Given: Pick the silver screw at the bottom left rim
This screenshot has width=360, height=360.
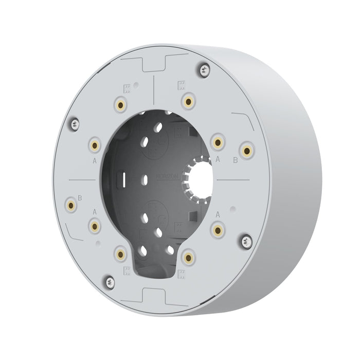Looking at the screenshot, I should (x=110, y=280).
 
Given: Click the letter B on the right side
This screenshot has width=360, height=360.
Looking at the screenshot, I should (x=236, y=160).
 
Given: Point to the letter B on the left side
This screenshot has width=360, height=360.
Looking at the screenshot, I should (x=80, y=197).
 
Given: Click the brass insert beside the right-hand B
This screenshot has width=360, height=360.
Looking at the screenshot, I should (x=248, y=151).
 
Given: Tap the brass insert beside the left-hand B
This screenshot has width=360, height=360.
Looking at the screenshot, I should (x=70, y=206).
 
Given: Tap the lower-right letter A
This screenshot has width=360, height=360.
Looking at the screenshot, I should (x=218, y=213).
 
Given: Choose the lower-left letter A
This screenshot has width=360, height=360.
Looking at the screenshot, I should (x=94, y=211).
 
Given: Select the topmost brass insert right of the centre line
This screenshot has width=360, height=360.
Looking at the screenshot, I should (x=189, y=100).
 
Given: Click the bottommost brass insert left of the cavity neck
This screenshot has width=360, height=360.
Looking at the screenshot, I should (x=121, y=252).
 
